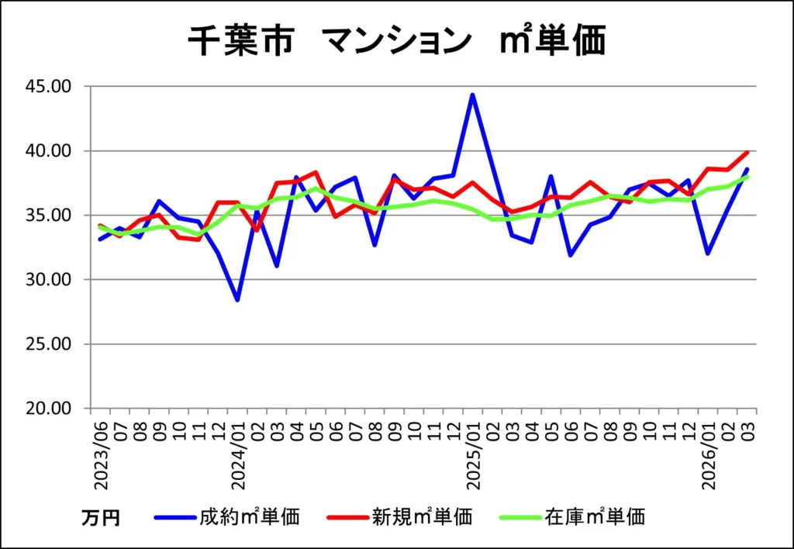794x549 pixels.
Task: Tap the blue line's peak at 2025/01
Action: (x=472, y=95)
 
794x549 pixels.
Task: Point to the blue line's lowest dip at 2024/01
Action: (x=237, y=300)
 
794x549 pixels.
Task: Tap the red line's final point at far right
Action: (x=747, y=152)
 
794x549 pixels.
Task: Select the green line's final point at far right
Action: (x=747, y=177)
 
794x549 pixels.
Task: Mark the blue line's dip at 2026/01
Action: (x=708, y=254)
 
